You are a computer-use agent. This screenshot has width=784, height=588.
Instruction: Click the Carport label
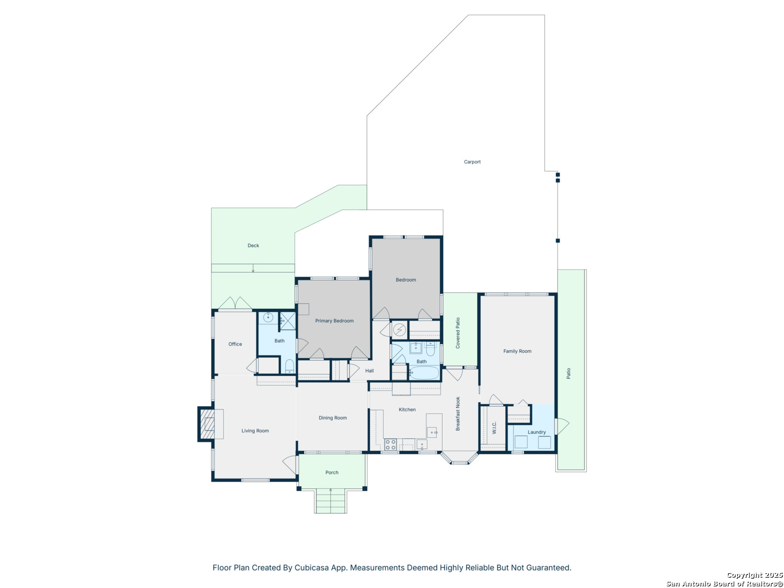(472, 162)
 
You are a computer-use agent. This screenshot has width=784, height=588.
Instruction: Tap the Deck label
(253, 245)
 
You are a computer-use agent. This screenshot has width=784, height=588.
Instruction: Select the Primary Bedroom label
(334, 321)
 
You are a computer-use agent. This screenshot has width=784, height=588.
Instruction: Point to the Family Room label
(517, 351)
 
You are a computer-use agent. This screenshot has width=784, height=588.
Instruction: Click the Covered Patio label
(457, 333)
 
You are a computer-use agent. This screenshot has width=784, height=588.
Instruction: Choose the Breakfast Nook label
(457, 413)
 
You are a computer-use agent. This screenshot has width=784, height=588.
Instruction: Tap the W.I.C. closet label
(494, 427)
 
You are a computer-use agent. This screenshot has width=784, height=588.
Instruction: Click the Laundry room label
(536, 432)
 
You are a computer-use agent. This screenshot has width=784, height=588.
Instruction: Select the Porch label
(332, 473)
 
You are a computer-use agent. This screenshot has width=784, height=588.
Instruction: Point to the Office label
(235, 344)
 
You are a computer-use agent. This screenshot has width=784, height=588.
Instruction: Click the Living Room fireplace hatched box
(207, 424)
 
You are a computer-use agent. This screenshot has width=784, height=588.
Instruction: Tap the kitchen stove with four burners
(390, 444)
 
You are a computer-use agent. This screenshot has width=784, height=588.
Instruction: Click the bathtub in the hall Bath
(424, 373)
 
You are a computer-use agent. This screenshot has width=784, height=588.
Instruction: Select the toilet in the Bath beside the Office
(289, 366)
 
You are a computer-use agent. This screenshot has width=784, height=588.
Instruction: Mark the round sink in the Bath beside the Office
(268, 317)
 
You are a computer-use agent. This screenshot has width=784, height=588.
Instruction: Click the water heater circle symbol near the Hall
(399, 330)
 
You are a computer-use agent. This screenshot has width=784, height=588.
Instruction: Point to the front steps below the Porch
(330, 501)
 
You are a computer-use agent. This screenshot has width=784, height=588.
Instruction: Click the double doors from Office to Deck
(235, 303)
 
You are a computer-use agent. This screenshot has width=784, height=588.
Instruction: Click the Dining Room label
(333, 418)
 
